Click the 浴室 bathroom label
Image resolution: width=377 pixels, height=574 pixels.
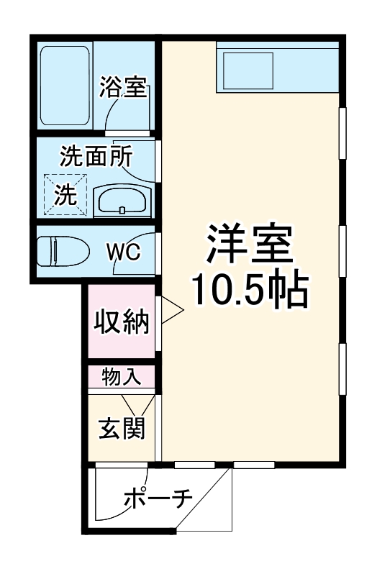pyautogui.click(x=123, y=89)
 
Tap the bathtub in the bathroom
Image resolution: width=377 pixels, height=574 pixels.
pyautogui.click(x=65, y=86)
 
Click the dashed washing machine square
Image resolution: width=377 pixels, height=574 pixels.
pyautogui.click(x=66, y=195)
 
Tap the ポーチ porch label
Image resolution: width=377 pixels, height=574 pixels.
pyautogui.click(x=157, y=498)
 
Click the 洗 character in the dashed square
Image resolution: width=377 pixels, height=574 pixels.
pyautogui.click(x=66, y=196)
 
